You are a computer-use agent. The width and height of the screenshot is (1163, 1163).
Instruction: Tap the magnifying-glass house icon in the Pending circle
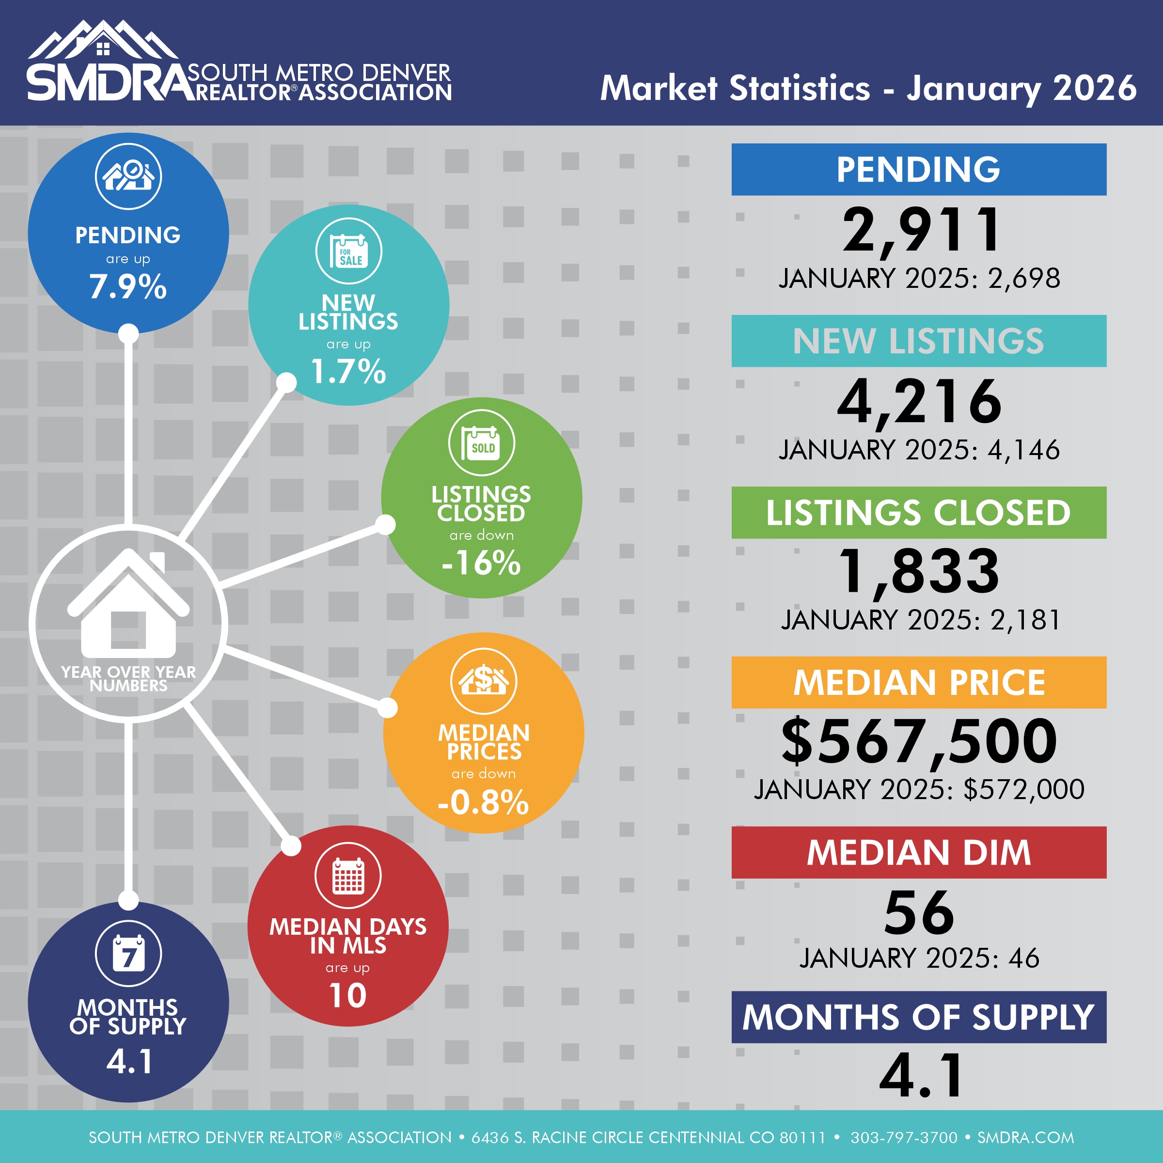(x=128, y=176)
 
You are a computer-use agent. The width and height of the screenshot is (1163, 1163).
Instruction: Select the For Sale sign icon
(x=348, y=251)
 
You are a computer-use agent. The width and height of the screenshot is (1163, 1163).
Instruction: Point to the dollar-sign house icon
(x=484, y=681)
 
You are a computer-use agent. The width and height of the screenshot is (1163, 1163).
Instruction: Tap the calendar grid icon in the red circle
(x=348, y=875)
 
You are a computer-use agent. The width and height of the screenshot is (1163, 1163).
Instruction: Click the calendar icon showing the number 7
(x=128, y=954)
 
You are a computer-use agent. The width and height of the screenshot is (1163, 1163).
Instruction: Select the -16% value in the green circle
(x=481, y=563)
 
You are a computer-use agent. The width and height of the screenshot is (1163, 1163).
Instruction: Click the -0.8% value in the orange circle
(x=484, y=802)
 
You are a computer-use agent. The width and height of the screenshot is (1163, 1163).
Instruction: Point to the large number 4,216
(x=919, y=402)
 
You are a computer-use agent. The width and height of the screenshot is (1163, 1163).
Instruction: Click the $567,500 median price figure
(x=919, y=741)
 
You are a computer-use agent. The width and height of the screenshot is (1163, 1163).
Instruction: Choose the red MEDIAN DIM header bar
(x=919, y=852)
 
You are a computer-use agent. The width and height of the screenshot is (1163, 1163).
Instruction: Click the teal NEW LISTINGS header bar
(x=919, y=341)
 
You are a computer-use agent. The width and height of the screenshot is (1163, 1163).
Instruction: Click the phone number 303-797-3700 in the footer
(x=904, y=1137)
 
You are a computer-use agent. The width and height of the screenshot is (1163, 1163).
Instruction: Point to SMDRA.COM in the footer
(x=1026, y=1137)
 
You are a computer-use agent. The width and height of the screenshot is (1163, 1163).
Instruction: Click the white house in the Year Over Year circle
(x=128, y=605)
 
